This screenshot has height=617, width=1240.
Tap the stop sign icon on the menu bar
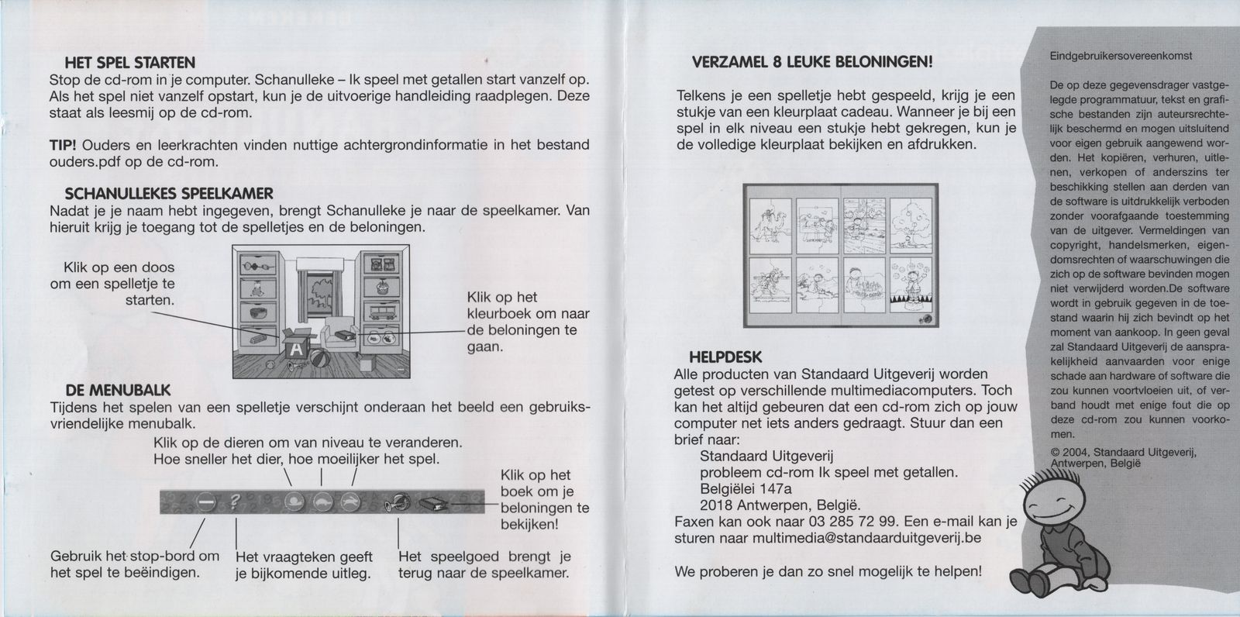tap(205, 502)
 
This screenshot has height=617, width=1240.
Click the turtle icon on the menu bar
tap(322, 502)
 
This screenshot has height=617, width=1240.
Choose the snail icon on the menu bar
tap(294, 502)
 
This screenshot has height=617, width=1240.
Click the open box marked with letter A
tap(295, 347)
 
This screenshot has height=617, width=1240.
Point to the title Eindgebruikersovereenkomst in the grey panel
tap(1121, 56)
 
